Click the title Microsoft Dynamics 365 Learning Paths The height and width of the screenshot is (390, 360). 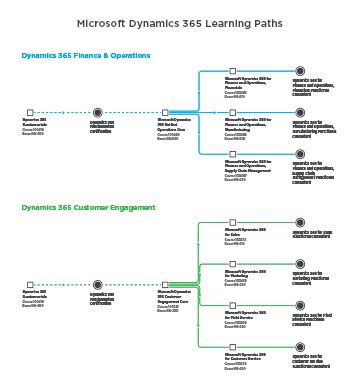click(179, 22)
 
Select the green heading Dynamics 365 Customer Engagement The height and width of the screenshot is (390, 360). click(89, 208)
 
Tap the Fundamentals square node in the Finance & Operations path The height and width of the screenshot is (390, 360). click(30, 113)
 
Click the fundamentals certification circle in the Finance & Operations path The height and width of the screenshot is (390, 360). click(97, 113)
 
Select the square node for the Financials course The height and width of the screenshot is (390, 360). click(232, 71)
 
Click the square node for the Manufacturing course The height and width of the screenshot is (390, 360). click(232, 113)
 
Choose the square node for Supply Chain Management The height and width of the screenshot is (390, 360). click(232, 154)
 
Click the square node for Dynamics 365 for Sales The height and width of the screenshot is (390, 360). click(232, 223)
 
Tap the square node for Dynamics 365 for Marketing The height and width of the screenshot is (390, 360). click(232, 264)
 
